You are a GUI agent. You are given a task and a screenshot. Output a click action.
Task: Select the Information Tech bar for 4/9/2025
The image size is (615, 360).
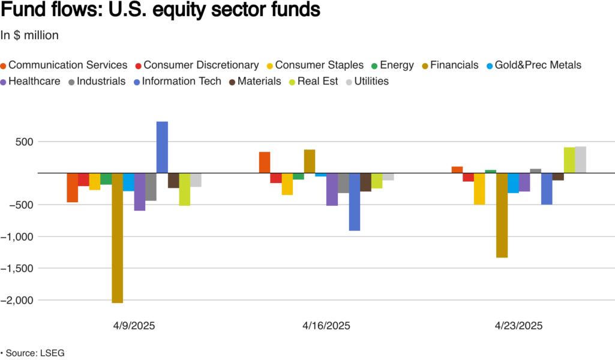(162, 148)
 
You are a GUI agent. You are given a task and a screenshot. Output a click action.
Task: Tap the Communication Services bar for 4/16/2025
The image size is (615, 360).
(265, 163)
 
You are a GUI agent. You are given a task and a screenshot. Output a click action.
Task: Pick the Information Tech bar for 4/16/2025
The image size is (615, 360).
(355, 202)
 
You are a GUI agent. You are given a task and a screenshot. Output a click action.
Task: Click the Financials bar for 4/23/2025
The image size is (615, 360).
(502, 215)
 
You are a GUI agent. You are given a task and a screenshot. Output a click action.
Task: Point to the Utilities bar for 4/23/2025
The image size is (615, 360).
(580, 160)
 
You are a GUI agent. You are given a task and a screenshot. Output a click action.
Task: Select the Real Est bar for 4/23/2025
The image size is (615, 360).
(569, 160)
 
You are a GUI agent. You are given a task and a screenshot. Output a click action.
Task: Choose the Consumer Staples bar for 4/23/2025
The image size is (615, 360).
(479, 189)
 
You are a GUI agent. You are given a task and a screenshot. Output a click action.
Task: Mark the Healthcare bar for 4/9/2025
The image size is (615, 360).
(140, 192)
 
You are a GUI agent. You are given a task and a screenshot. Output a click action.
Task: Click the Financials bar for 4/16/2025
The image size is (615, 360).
(310, 161)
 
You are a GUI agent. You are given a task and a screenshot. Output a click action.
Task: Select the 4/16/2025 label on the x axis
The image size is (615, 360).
(326, 326)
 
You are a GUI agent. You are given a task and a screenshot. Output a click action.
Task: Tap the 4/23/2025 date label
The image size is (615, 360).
(518, 326)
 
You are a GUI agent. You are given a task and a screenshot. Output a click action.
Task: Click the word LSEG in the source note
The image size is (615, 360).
(53, 353)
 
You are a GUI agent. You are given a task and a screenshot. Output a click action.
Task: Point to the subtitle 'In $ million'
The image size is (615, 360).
(29, 35)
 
